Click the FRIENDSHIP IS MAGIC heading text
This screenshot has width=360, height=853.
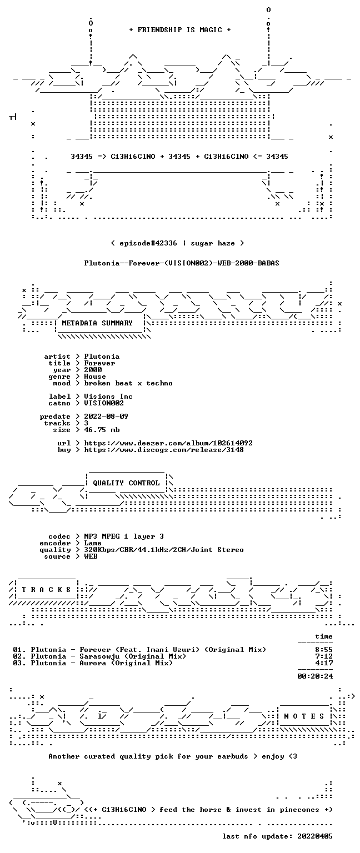[180, 29]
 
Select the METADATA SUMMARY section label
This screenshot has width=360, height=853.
[97, 323]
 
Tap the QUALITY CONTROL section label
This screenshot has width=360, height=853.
[126, 483]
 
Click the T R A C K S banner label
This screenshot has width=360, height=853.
[47, 589]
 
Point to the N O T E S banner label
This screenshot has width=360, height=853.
[304, 716]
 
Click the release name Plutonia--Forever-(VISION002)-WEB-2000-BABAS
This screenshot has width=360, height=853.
[182, 263]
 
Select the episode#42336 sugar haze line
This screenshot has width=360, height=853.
[178, 243]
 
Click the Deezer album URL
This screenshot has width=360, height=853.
[168, 443]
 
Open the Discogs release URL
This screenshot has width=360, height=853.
[164, 450]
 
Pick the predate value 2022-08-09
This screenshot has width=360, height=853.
[106, 417]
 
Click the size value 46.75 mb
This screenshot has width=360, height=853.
[102, 430]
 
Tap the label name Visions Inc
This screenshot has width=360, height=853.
[108, 397]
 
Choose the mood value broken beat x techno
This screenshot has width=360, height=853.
[128, 383]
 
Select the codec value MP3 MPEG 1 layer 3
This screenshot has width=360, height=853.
[124, 536]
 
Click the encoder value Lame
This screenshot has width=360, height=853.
[93, 543]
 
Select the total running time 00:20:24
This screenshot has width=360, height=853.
[315, 676]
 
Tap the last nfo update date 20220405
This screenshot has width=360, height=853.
[315, 836]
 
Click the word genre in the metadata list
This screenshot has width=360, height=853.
[59, 377]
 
